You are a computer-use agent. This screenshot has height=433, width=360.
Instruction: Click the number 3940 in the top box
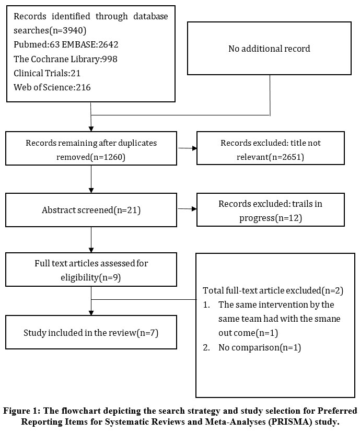pos(73,30)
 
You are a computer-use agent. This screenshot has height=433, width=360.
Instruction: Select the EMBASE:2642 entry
pos(90,44)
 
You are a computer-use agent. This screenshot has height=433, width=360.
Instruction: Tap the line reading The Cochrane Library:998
pos(65,59)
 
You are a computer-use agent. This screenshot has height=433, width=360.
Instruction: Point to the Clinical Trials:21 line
pos(47,73)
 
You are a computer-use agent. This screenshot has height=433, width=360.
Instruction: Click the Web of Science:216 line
pos(52,87)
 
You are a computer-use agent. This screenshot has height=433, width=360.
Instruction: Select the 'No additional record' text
pos(269,49)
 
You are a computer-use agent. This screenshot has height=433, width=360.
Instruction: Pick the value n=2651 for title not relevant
pos(286,157)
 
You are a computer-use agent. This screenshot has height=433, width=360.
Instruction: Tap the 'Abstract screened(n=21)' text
pos(91,210)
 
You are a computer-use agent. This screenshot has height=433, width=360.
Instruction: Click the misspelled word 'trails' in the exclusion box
pos(302,204)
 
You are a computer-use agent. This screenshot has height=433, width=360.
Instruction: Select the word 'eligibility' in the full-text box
pos(79,277)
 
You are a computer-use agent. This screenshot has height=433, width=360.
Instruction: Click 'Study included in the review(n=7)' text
pos(91,333)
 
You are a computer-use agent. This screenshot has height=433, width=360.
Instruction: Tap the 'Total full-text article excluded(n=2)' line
pos(273,290)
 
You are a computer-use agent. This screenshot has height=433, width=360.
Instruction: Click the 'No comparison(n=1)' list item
pos(260,347)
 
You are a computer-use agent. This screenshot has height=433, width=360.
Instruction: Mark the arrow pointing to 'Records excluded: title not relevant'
pos(188,148)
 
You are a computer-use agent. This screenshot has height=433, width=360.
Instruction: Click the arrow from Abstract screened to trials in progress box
pos(187,209)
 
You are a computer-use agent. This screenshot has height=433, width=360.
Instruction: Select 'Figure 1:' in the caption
pos(22,411)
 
